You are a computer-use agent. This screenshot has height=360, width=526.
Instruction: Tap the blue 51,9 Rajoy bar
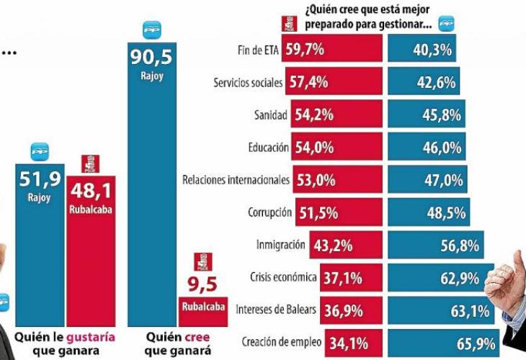point(40,245)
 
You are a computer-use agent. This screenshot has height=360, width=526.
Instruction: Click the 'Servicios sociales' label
point(249,83)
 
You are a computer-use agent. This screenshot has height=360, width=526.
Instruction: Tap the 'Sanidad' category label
point(270,115)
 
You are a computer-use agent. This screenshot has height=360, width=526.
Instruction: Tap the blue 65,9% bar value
point(476,343)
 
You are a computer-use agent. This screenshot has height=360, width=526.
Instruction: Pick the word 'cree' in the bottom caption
point(192,336)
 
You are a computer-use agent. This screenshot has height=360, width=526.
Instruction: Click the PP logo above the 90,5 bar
point(152,30)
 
